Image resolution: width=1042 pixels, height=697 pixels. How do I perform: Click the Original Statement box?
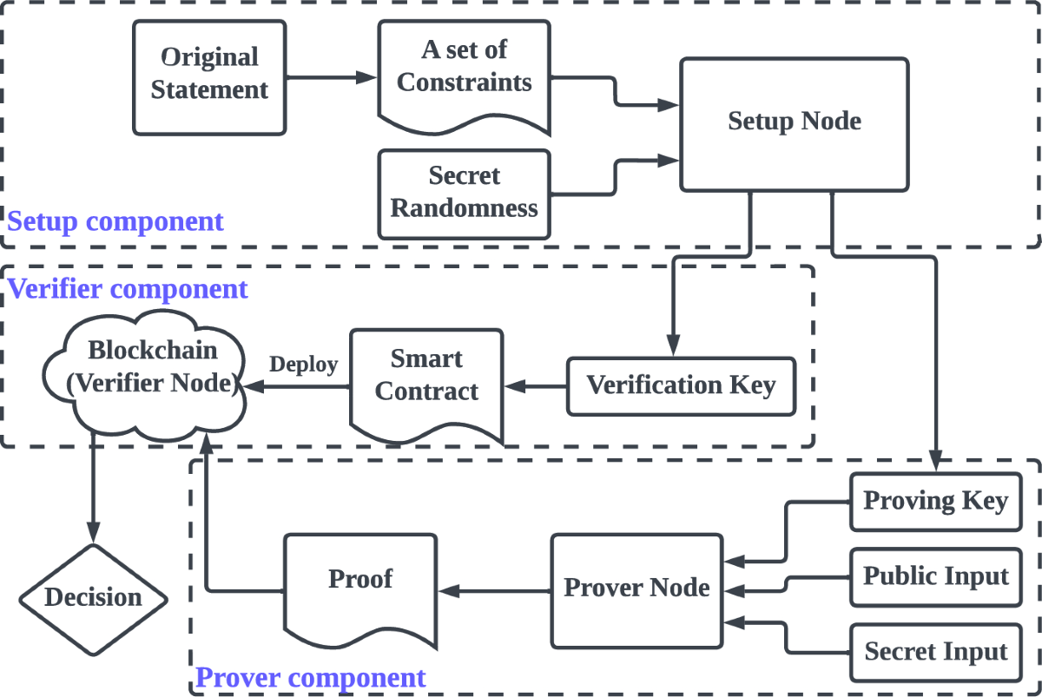tap(209, 77)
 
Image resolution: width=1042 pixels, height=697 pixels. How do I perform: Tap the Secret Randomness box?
tap(464, 194)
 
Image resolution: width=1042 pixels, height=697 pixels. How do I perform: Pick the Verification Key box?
tap(681, 385)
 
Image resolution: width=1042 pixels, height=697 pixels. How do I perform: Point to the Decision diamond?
tap(93, 597)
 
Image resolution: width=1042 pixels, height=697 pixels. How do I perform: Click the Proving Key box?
tap(935, 502)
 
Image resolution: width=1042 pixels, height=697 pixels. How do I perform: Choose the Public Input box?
tap(935, 577)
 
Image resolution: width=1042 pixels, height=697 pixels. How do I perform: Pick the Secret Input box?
tap(935, 652)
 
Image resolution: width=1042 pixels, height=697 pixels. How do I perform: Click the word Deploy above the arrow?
tap(303, 364)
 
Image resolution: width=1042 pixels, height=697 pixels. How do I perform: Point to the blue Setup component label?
tap(115, 221)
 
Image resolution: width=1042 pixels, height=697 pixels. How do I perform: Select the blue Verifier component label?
tap(128, 288)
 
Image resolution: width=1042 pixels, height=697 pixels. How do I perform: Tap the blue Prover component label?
tap(311, 678)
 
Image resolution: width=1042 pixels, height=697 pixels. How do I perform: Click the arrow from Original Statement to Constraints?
tap(332, 77)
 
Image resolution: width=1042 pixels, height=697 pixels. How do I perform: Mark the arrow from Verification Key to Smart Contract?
tap(535, 385)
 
